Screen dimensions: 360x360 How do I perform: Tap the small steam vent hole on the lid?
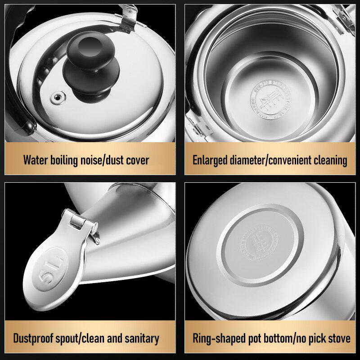(x=57, y=97)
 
